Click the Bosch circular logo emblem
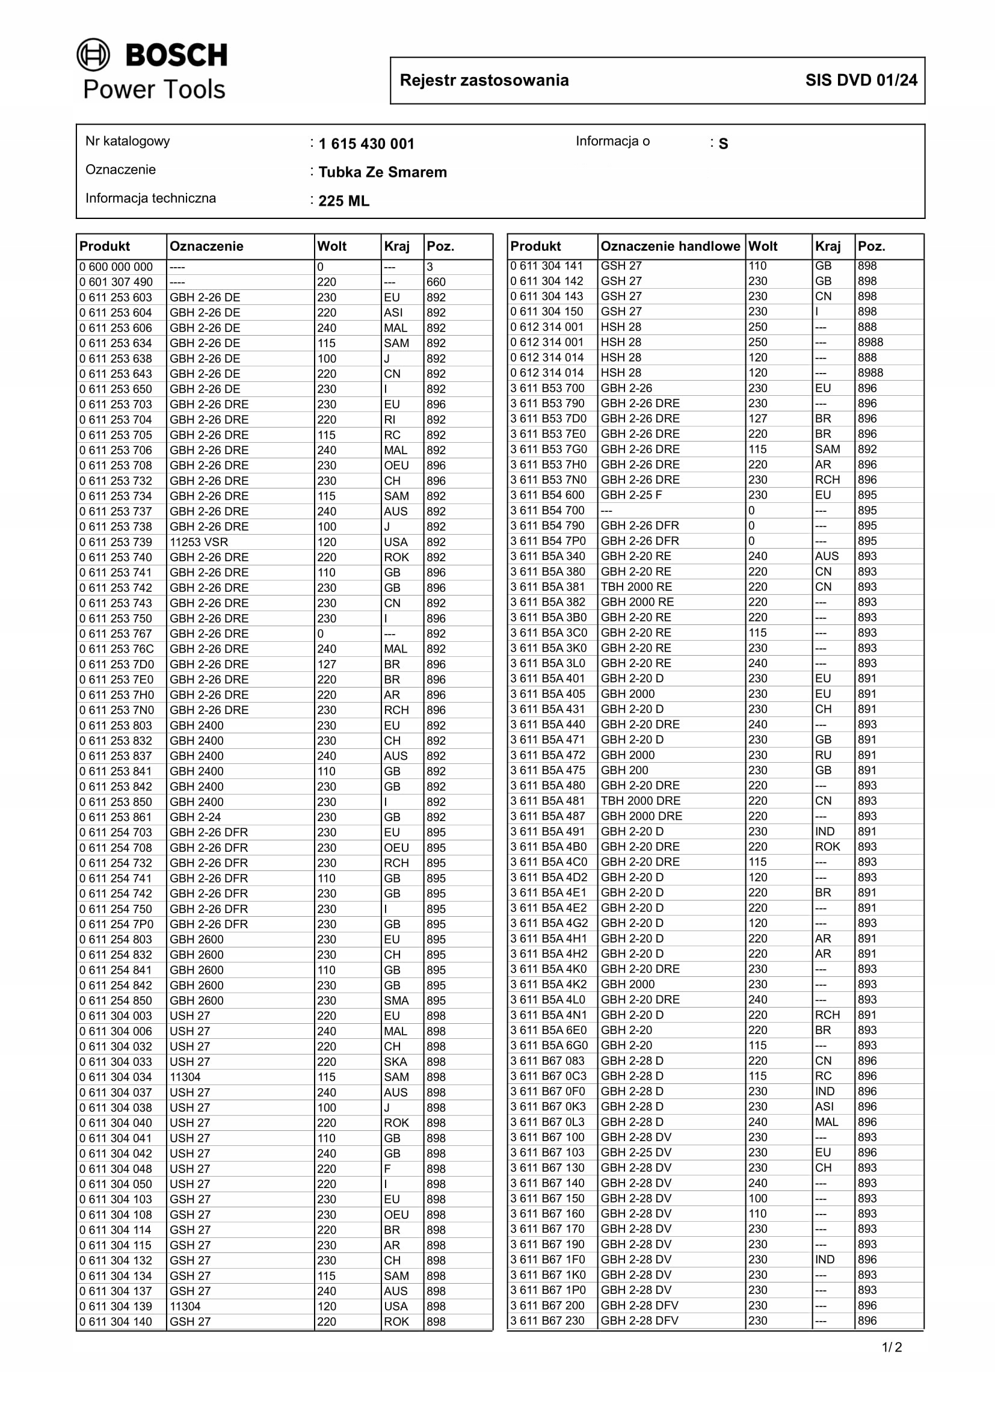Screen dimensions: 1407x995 pos(93,55)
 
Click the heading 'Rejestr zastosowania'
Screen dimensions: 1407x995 pos(484,80)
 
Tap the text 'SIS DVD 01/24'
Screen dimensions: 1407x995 pos(861,80)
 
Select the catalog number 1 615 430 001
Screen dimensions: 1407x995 pos(366,144)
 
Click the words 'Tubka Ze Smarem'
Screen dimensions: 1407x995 pos(383,172)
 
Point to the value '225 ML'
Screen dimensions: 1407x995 pos(343,201)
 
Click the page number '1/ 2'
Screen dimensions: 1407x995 pos(892,1347)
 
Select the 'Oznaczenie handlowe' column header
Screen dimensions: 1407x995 pos(670,247)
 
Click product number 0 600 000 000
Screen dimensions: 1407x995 pos(116,267)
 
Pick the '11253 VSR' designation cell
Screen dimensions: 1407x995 pos(199,543)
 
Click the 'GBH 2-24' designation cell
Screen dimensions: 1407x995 pos(195,817)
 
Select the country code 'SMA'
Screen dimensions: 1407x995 pos(396,1001)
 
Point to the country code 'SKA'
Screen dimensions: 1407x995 pos(395,1062)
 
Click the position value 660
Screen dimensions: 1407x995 pos(436,283)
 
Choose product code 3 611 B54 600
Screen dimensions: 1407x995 pos(547,495)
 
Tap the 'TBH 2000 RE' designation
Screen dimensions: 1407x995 pos(636,587)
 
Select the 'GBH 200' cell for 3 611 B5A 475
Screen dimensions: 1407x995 pos(624,771)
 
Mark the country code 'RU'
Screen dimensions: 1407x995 pos(823,755)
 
